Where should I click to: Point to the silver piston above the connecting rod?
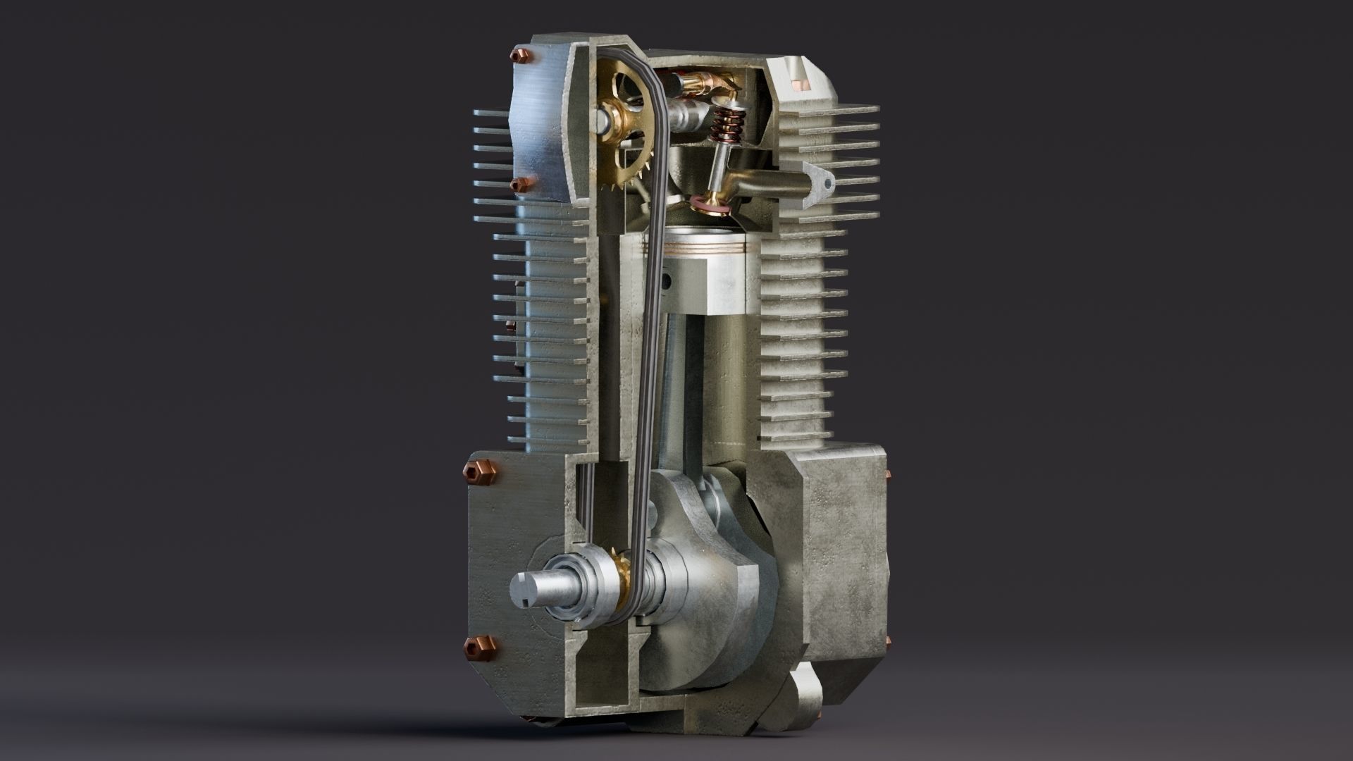pyautogui.click(x=712, y=282)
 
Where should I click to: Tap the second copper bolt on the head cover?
pyautogui.click(x=520, y=185)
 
